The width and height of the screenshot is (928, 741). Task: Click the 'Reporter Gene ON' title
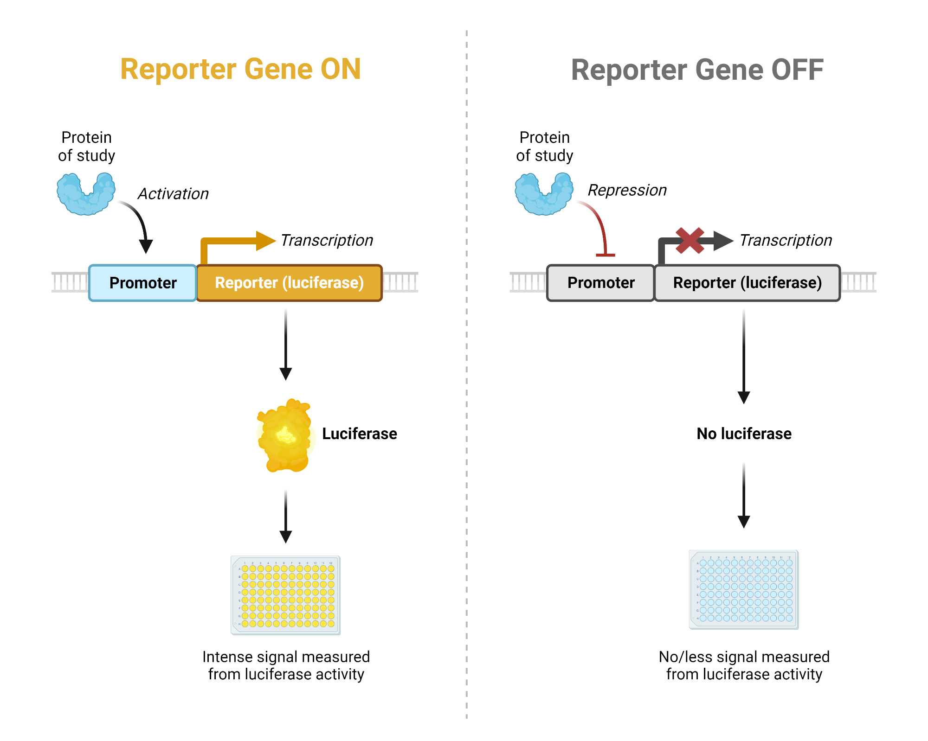[240, 70]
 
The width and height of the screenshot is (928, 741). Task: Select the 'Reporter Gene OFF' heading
[697, 70]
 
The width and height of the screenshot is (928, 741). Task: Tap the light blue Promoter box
[142, 283]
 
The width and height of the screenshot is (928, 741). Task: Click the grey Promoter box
[600, 283]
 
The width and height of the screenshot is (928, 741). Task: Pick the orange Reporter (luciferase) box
[289, 283]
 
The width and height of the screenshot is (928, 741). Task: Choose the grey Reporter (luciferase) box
[747, 283]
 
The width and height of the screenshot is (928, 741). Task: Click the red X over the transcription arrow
[690, 241]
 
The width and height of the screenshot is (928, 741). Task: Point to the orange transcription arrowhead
[265, 241]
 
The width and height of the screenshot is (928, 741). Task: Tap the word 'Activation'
[173, 194]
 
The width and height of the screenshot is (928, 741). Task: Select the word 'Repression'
[627, 190]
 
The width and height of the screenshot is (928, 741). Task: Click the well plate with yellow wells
[286, 595]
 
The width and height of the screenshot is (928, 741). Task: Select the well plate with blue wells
[744, 589]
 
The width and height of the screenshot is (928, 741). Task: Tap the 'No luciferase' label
[744, 434]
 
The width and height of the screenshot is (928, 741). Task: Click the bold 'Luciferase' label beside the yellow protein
[360, 434]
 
